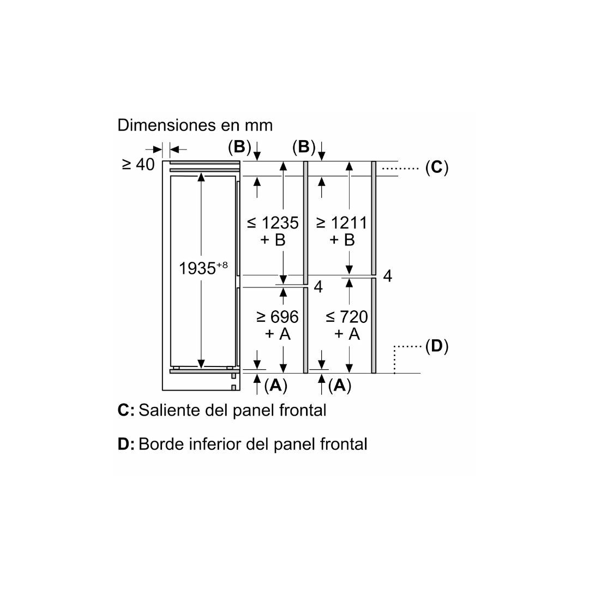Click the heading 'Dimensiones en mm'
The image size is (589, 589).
click(195, 125)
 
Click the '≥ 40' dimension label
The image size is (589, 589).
click(139, 164)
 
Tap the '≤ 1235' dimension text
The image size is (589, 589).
click(273, 223)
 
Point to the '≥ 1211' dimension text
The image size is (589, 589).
click(341, 223)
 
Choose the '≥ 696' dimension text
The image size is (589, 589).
click(278, 316)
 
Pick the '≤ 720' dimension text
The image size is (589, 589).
click(346, 316)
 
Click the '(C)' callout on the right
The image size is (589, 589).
click(436, 167)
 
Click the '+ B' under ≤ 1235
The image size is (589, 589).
click(273, 239)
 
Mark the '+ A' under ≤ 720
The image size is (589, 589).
click(347, 333)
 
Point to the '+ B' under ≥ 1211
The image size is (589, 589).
click(342, 239)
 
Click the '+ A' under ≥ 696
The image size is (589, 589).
click(278, 333)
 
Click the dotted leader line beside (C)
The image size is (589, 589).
click(400, 169)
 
